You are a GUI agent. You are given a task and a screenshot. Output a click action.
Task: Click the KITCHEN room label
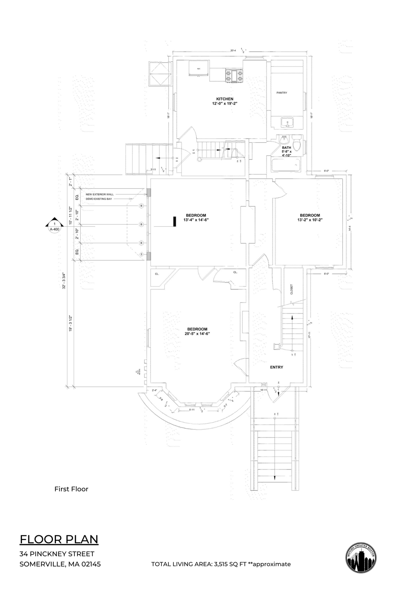225,99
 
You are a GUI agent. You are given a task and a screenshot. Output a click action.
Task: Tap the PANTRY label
281,93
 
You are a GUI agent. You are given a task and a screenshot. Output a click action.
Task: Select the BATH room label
286,148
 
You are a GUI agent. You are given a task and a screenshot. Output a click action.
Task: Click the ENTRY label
276,367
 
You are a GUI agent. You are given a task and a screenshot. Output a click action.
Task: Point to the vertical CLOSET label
291,289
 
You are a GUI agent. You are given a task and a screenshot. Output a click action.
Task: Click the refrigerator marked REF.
199,68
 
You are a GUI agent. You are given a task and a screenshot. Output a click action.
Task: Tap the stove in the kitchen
234,76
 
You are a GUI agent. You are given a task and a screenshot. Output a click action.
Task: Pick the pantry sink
287,123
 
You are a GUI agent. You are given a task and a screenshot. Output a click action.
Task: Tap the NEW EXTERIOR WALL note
99,194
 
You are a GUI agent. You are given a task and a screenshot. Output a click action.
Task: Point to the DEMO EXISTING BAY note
99,199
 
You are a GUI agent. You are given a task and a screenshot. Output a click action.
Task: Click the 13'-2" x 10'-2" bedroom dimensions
310,220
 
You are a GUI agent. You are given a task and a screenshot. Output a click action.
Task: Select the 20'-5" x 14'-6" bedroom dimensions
197,334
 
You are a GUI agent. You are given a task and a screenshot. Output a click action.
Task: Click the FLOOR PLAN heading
59,539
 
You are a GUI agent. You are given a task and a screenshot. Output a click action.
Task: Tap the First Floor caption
71,489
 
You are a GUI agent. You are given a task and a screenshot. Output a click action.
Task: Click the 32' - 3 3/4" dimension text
64,281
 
